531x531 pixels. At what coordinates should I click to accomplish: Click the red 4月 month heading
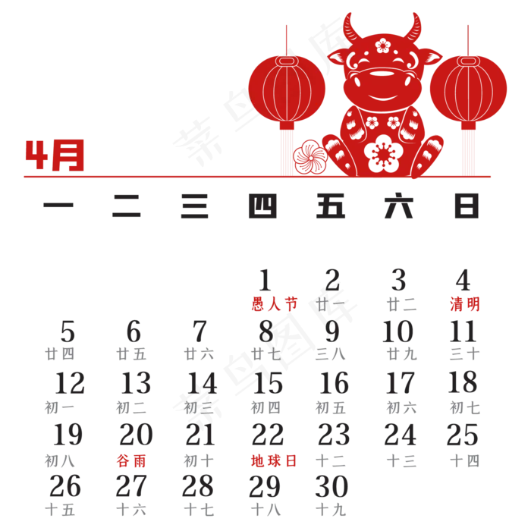(x=55, y=155)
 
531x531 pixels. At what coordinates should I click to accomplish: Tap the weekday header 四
(x=262, y=206)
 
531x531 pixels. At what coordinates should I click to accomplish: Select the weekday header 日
(x=467, y=206)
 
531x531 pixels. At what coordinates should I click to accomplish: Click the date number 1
(x=265, y=280)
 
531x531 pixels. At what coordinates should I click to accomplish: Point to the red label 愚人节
(x=275, y=303)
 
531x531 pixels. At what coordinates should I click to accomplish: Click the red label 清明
(x=464, y=303)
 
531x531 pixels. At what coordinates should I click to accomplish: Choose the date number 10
(x=397, y=331)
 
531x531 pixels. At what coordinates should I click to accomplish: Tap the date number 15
(x=268, y=383)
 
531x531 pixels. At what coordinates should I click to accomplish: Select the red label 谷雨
(x=131, y=461)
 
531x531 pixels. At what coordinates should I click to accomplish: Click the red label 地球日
(x=274, y=461)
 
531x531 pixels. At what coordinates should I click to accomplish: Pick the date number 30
(x=332, y=486)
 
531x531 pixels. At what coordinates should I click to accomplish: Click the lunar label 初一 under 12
(x=59, y=408)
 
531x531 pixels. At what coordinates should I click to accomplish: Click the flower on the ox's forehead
(x=383, y=46)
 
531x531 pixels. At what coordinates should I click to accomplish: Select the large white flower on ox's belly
(x=383, y=153)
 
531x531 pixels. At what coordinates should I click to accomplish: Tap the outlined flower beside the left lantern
(x=309, y=158)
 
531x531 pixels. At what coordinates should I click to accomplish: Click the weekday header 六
(x=398, y=206)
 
